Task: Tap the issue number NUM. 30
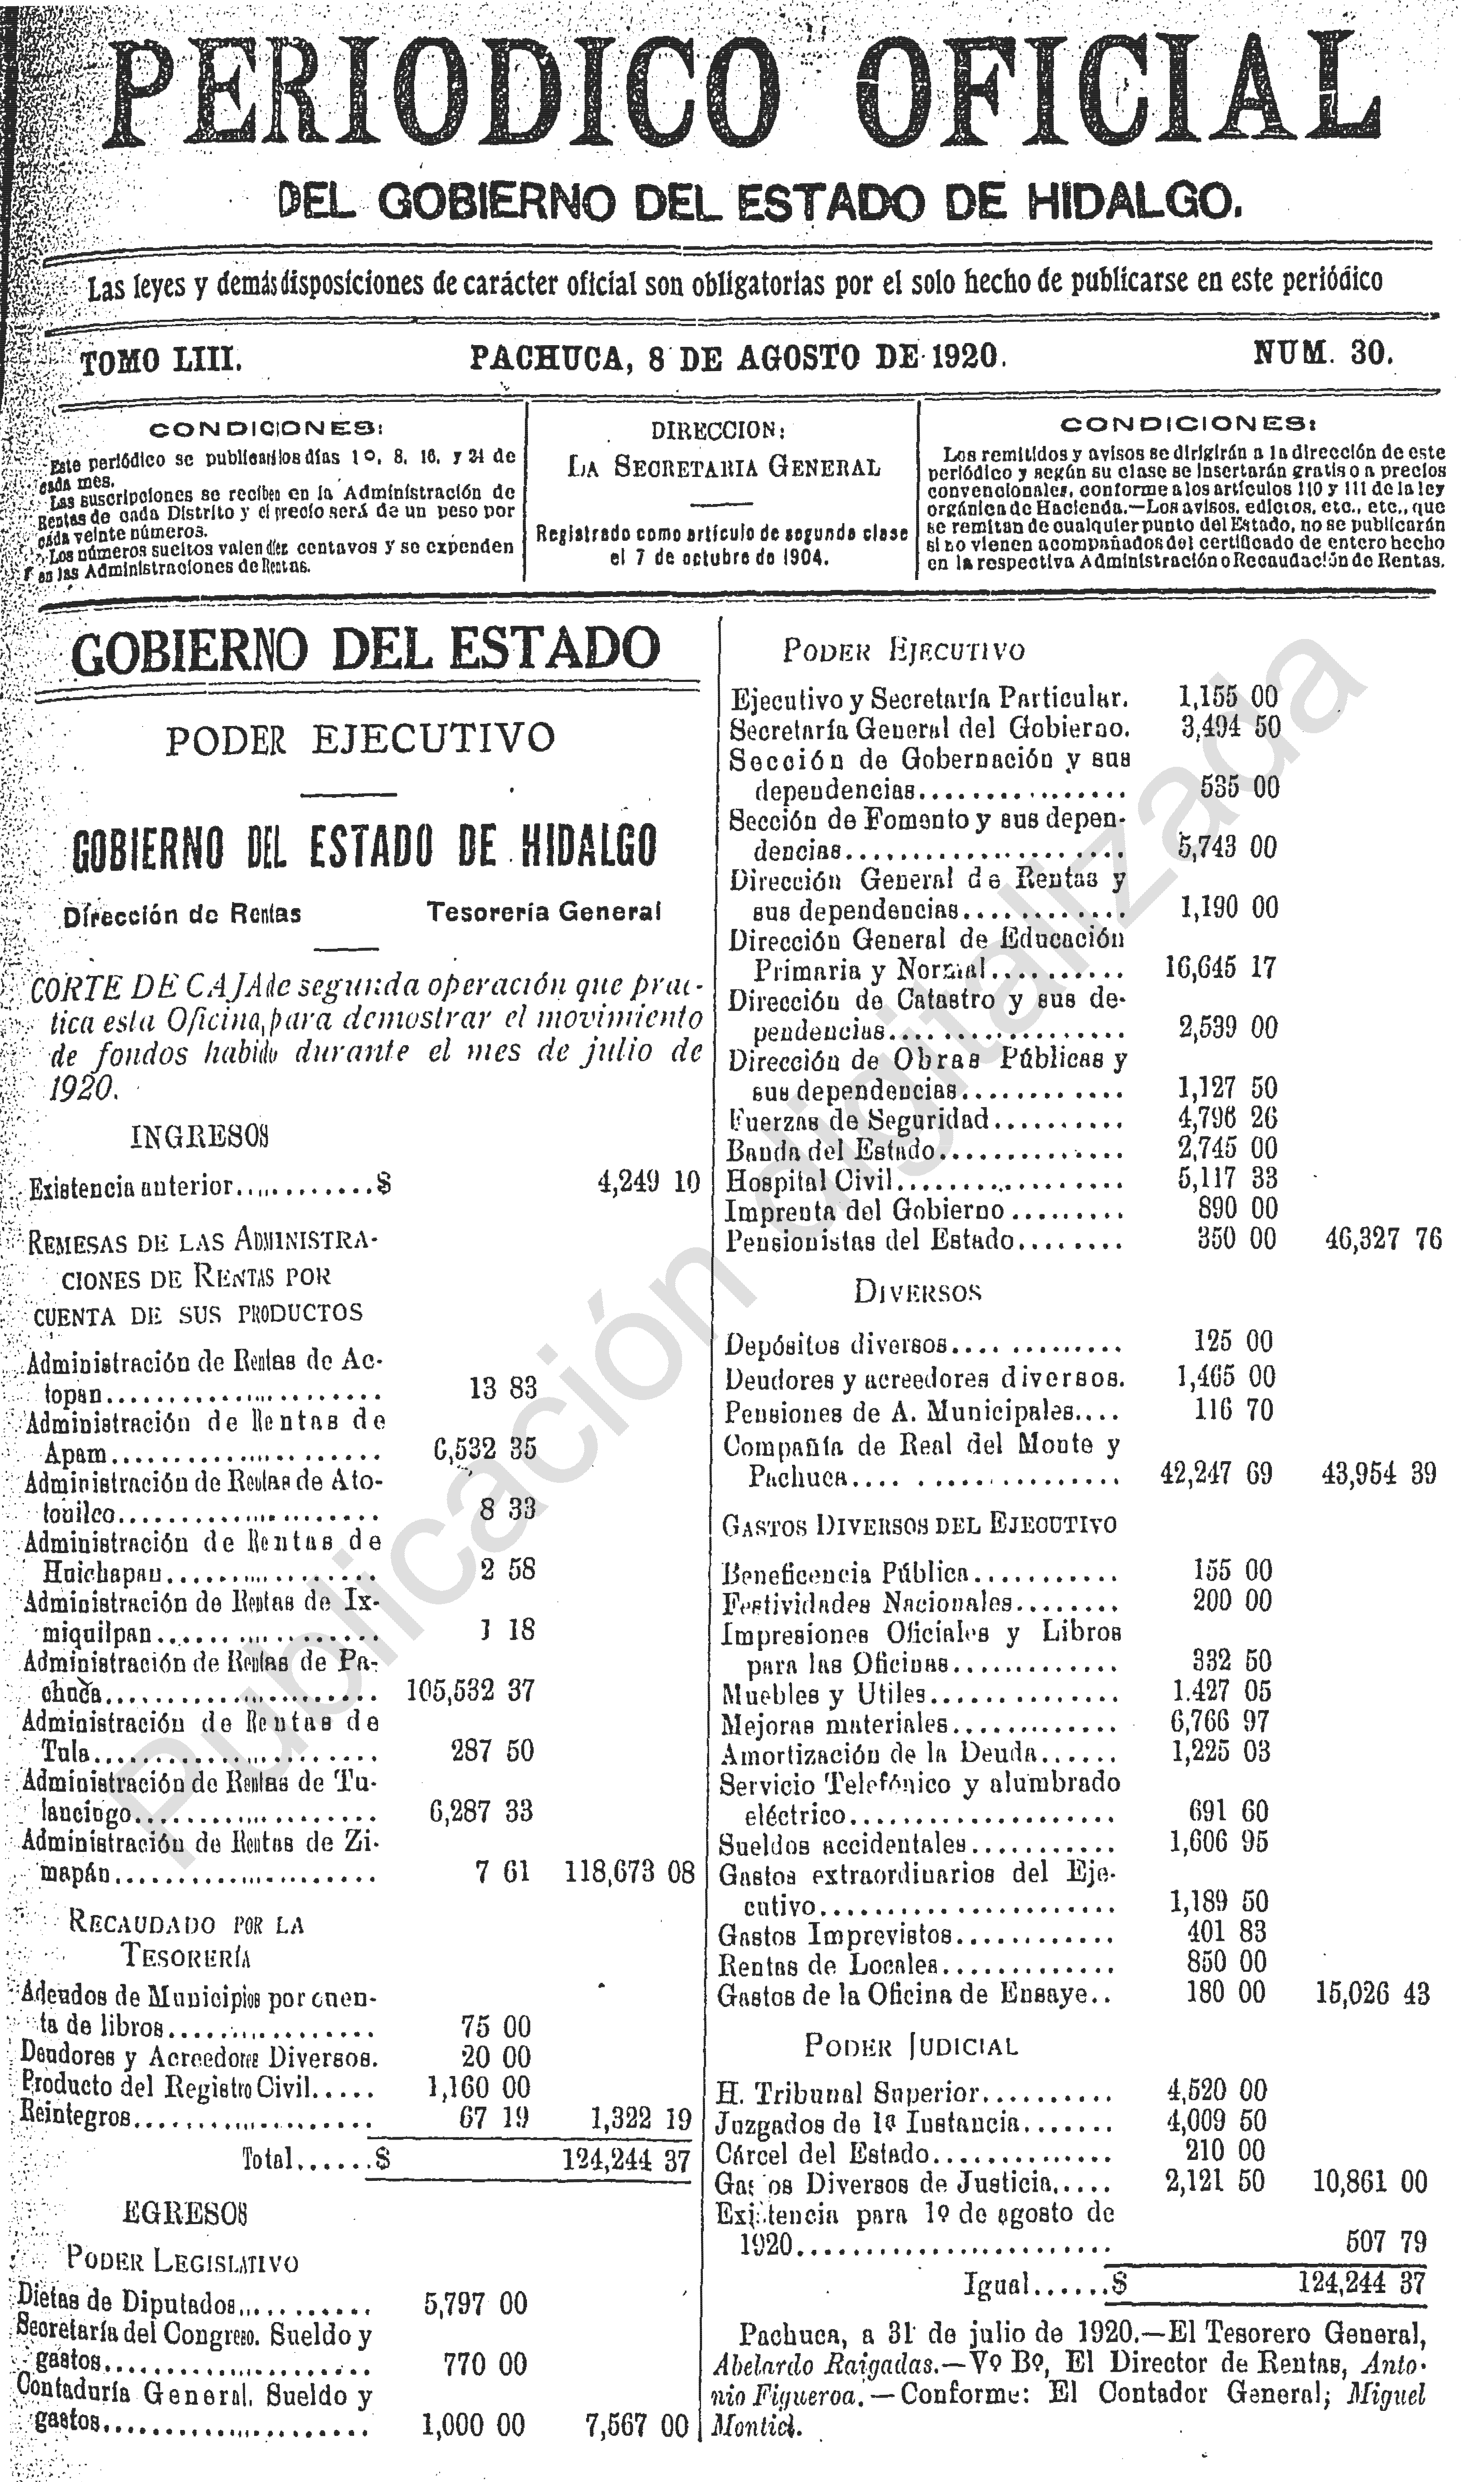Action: click(1323, 354)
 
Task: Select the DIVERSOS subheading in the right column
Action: click(917, 1292)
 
